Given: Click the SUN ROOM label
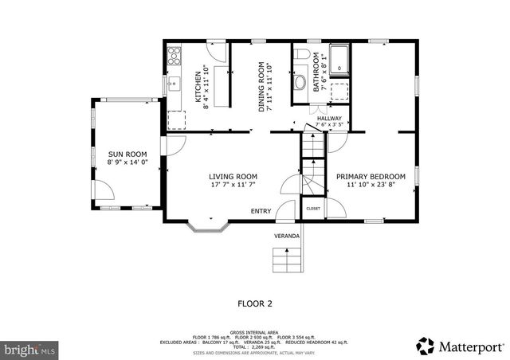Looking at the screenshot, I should (127, 153).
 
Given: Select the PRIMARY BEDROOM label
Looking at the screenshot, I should (371, 176).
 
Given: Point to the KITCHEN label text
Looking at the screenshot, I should (198, 87).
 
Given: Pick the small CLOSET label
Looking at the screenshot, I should (313, 209).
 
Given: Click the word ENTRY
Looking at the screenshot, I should (261, 211).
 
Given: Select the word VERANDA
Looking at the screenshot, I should (287, 237).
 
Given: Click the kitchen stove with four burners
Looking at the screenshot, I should (175, 56).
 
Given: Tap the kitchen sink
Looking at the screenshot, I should (173, 82).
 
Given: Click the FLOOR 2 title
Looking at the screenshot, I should (255, 303).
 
